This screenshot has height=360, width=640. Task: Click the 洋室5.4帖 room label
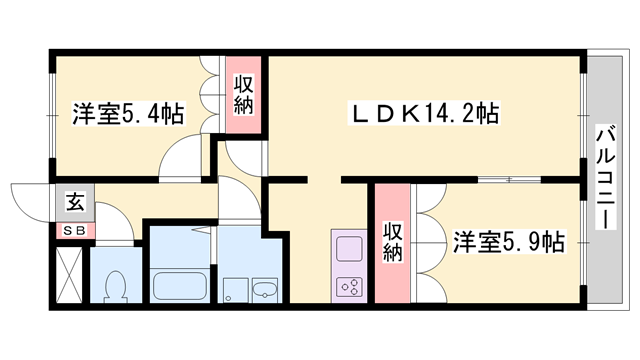pos(127,114)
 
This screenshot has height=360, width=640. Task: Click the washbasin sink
pos(265,291)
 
